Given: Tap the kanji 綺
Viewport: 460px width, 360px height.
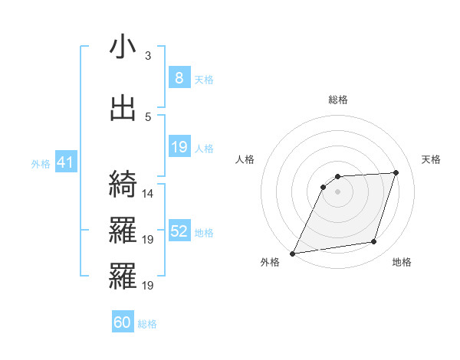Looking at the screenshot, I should [123, 184].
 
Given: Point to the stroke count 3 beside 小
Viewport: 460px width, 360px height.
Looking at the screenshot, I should [148, 56].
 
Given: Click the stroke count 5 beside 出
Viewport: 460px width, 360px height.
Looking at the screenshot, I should [148, 117].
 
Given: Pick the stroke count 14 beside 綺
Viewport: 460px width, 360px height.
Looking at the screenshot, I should [148, 194].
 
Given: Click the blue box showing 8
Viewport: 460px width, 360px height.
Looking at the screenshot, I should [179, 78].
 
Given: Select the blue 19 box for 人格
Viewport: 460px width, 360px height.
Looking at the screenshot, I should [179, 147].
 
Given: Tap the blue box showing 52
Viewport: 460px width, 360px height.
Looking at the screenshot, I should [179, 231].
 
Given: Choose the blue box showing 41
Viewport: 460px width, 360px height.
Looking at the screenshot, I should [64, 162].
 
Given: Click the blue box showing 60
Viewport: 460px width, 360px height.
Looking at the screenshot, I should [123, 322].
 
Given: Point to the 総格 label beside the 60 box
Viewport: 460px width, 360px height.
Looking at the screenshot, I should [148, 325].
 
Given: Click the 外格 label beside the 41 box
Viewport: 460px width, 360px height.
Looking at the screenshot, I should [40, 164].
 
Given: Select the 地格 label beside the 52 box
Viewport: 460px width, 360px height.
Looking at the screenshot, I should [204, 233].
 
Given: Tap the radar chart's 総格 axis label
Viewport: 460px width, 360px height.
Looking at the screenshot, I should [337, 100].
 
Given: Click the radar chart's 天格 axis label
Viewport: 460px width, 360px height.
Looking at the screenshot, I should [432, 159].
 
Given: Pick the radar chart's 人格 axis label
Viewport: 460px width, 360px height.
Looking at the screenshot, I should [245, 159].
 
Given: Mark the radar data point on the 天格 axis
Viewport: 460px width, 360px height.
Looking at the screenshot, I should [396, 172].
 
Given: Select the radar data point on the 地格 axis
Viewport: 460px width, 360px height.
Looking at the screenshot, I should [374, 242].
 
